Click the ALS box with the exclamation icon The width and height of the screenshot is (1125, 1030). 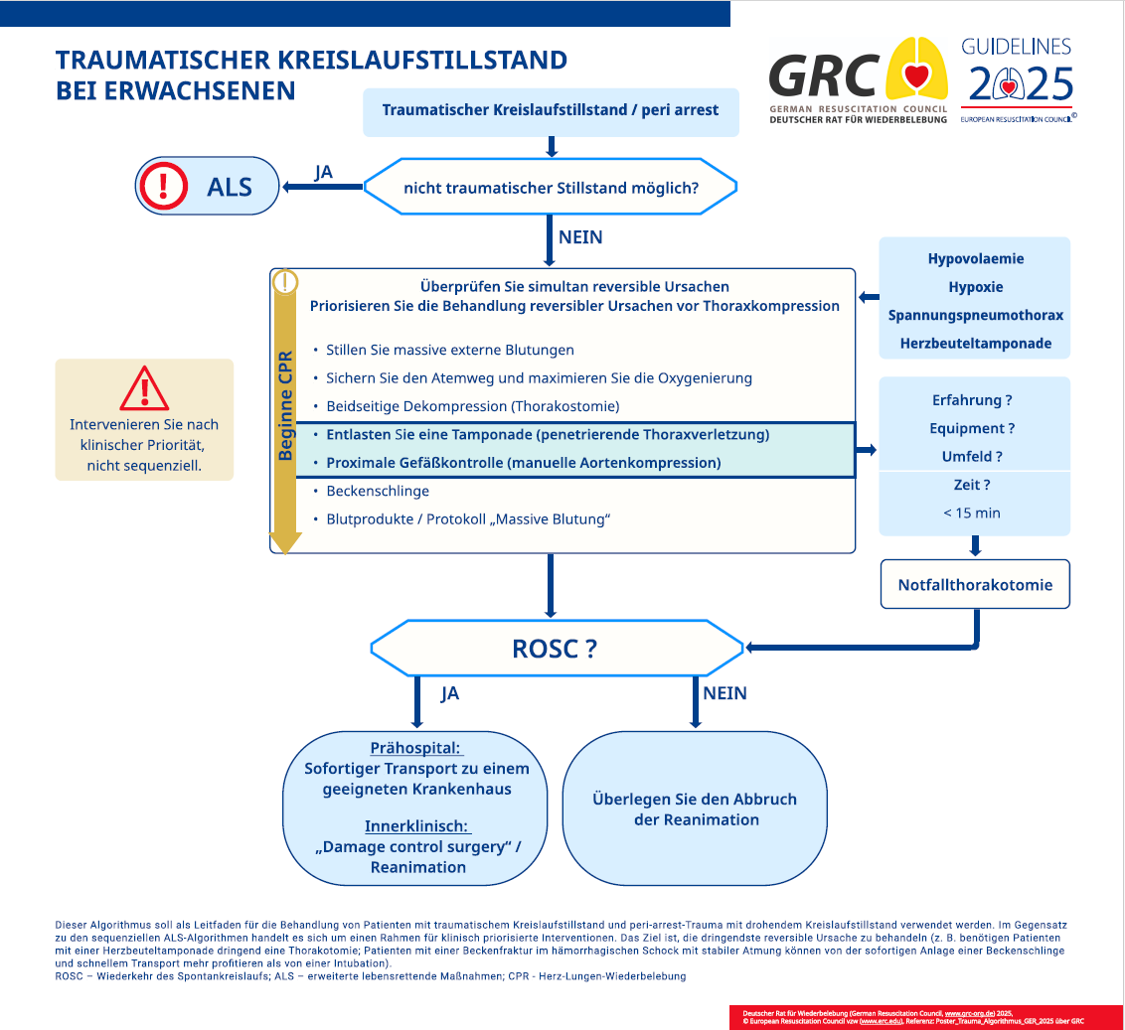(x=207, y=186)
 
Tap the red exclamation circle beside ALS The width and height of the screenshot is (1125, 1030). (x=164, y=186)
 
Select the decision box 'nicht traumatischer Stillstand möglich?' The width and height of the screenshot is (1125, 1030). (x=551, y=187)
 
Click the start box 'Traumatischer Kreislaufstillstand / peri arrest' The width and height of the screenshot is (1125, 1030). (x=551, y=112)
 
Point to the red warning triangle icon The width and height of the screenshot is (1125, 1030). (x=144, y=388)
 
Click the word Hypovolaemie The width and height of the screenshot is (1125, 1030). (x=976, y=259)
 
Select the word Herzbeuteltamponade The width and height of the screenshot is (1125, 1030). (x=976, y=344)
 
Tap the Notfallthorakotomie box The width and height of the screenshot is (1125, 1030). (x=975, y=585)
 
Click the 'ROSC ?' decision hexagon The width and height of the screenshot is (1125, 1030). (x=557, y=648)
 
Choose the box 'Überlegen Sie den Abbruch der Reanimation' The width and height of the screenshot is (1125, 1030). (x=695, y=809)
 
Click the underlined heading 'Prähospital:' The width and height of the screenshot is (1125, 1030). (x=415, y=748)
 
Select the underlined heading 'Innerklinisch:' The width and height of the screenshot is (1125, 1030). (x=416, y=826)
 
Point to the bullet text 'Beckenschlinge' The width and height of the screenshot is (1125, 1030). (x=378, y=492)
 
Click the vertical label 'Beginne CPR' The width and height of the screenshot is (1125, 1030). (x=285, y=405)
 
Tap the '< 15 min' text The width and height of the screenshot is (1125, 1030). (x=972, y=513)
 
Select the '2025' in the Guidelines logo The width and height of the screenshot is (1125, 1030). (x=1021, y=84)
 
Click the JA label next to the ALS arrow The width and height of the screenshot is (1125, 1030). (x=324, y=172)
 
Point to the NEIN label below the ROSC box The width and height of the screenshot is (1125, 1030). (x=724, y=693)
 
